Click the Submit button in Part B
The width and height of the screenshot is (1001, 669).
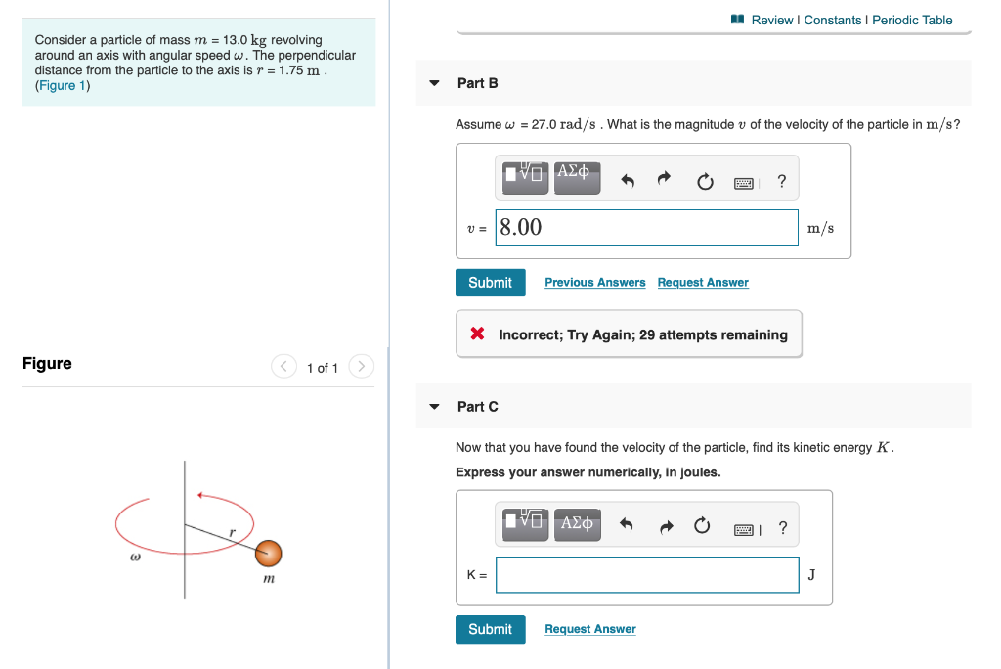tap(490, 283)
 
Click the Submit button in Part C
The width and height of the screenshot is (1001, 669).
tap(490, 629)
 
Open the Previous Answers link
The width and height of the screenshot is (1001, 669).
tap(594, 283)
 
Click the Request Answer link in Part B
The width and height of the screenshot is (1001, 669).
tap(703, 283)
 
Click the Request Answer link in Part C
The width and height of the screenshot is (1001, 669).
tap(589, 629)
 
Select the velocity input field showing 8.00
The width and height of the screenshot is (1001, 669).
tap(646, 228)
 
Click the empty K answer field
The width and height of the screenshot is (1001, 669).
tap(646, 575)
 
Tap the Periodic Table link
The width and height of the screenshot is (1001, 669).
tap(912, 20)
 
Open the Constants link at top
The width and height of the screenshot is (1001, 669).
tap(833, 20)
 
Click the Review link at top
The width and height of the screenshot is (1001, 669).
tap(771, 20)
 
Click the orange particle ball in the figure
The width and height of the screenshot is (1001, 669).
tap(269, 554)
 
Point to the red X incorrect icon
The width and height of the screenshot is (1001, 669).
tap(477, 334)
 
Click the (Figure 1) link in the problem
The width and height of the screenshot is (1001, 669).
tap(63, 86)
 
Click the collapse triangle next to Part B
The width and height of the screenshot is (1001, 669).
tap(435, 83)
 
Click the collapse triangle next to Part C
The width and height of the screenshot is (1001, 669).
tap(435, 407)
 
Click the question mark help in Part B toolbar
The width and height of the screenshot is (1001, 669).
tap(781, 181)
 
